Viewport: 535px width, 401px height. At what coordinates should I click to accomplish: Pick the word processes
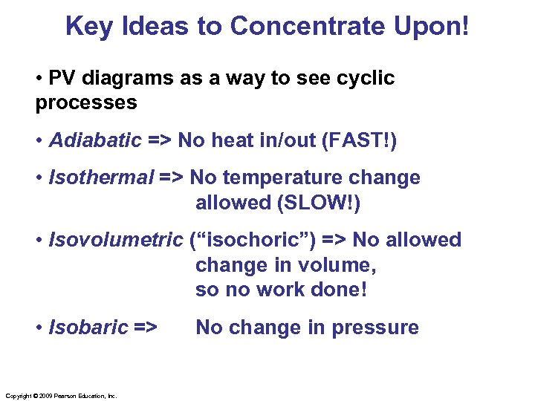pyautogui.click(x=86, y=102)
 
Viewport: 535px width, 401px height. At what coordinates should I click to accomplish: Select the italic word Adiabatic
pyautogui.click(x=94, y=140)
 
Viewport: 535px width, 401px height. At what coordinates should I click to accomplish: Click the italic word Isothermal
pyautogui.click(x=100, y=178)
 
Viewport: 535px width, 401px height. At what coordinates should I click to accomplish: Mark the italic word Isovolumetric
pyautogui.click(x=115, y=241)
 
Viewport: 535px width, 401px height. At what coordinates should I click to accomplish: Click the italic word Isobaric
pyautogui.click(x=88, y=327)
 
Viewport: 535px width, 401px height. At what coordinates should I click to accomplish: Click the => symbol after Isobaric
pyautogui.click(x=146, y=327)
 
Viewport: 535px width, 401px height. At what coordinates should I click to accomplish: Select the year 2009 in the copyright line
pyautogui.click(x=46, y=397)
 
